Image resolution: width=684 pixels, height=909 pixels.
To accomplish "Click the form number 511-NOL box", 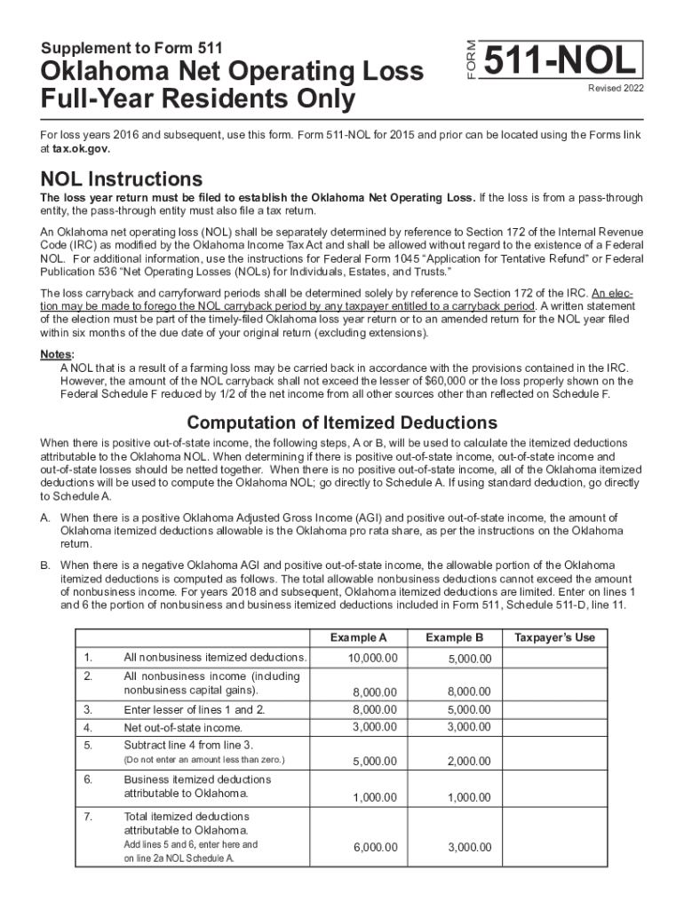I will tap(561, 60).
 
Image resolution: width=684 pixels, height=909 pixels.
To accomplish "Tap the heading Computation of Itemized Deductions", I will tap(342, 423).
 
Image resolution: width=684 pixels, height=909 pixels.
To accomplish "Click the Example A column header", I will tap(358, 637).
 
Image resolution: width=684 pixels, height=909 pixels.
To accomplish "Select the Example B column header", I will tap(454, 637).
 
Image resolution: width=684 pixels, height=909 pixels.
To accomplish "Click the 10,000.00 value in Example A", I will tap(373, 658).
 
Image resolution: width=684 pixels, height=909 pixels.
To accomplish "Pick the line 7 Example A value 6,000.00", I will tap(375, 848).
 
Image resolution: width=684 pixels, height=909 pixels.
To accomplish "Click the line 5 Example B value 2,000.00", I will tap(468, 762).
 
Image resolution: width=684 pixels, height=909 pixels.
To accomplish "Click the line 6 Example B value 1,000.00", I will tap(468, 798).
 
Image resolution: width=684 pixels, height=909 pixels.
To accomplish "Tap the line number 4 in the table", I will tap(88, 728).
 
